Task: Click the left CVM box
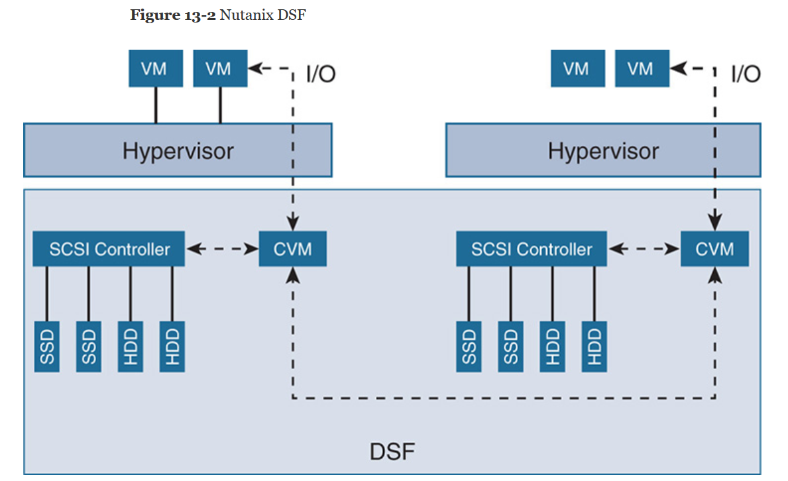pyautogui.click(x=292, y=249)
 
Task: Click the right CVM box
pyautogui.click(x=714, y=249)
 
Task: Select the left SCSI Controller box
pyautogui.click(x=109, y=249)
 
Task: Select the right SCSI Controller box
pyautogui.click(x=532, y=249)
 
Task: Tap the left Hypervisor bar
pyautogui.click(x=178, y=150)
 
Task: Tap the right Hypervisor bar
pyautogui.click(x=603, y=150)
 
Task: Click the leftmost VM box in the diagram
pyautogui.click(x=155, y=69)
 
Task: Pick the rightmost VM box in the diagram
pyautogui.click(x=641, y=69)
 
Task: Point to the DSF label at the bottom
pyautogui.click(x=392, y=453)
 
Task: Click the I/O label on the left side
pyautogui.click(x=321, y=74)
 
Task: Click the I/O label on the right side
pyautogui.click(x=746, y=74)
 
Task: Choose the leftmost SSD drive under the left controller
pyautogui.click(x=47, y=345)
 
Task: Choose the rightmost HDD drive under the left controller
pyautogui.click(x=172, y=345)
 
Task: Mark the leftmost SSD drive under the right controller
pyautogui.click(x=469, y=345)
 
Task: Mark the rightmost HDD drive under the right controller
pyautogui.click(x=594, y=345)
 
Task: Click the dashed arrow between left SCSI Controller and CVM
pyautogui.click(x=222, y=249)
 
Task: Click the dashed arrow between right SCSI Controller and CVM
pyautogui.click(x=644, y=249)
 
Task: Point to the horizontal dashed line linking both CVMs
pyautogui.click(x=504, y=398)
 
